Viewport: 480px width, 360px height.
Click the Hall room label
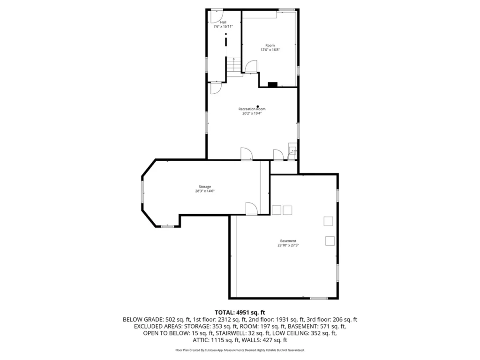tap(223, 22)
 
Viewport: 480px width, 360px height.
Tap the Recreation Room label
tap(252, 109)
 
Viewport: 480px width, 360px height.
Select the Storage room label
tap(205, 187)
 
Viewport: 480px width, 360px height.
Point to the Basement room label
tap(288, 241)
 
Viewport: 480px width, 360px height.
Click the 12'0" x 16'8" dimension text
tap(270, 50)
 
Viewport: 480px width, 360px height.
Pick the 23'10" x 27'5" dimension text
tap(288, 245)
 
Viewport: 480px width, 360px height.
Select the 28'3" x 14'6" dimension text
tap(205, 191)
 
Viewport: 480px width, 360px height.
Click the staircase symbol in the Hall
tap(233, 65)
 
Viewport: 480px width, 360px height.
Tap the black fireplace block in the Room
tap(272, 84)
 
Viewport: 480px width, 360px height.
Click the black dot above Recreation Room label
tap(258, 106)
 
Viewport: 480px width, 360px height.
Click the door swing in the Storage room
tap(251, 209)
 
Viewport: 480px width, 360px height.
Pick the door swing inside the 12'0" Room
tap(251, 67)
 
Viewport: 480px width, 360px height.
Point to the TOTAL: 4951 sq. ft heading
tap(240, 313)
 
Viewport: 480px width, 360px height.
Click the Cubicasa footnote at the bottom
tap(240, 350)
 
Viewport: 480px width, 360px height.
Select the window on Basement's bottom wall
tap(319, 298)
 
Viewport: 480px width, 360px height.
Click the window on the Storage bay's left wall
tap(142, 192)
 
